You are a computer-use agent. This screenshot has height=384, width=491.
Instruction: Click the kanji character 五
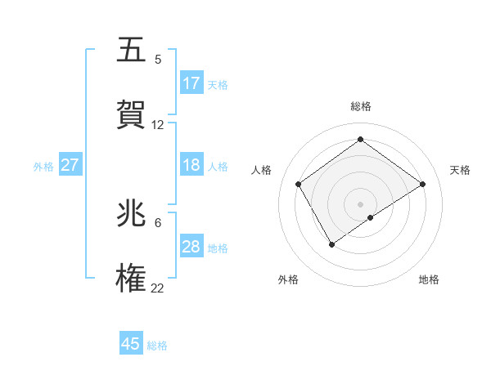133,51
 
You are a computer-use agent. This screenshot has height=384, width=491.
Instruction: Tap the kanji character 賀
133,114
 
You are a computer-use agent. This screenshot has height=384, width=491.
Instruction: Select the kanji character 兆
133,214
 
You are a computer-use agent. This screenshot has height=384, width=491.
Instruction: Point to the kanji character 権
133,278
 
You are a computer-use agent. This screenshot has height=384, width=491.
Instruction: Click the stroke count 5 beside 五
158,60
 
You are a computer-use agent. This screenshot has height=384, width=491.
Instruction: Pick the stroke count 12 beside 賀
158,125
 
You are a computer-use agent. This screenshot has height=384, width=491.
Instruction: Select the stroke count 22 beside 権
158,288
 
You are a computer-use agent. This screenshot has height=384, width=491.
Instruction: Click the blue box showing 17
191,83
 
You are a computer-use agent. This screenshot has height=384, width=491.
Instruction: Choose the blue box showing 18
191,165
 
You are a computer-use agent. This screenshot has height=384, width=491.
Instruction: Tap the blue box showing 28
191,247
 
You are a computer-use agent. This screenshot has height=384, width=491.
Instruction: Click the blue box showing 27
70,165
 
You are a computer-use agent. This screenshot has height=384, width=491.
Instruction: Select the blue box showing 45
131,344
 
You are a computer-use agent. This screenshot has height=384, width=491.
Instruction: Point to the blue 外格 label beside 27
43,167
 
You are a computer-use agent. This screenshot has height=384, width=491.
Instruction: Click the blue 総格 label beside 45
157,346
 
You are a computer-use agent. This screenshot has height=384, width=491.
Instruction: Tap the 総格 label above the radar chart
361,106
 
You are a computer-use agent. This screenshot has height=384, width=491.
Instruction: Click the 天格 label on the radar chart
460,170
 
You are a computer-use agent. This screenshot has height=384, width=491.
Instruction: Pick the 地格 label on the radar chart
429,279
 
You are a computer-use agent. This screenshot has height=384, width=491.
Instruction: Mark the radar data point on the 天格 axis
423,184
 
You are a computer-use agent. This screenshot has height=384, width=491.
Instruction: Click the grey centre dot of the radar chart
361,203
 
